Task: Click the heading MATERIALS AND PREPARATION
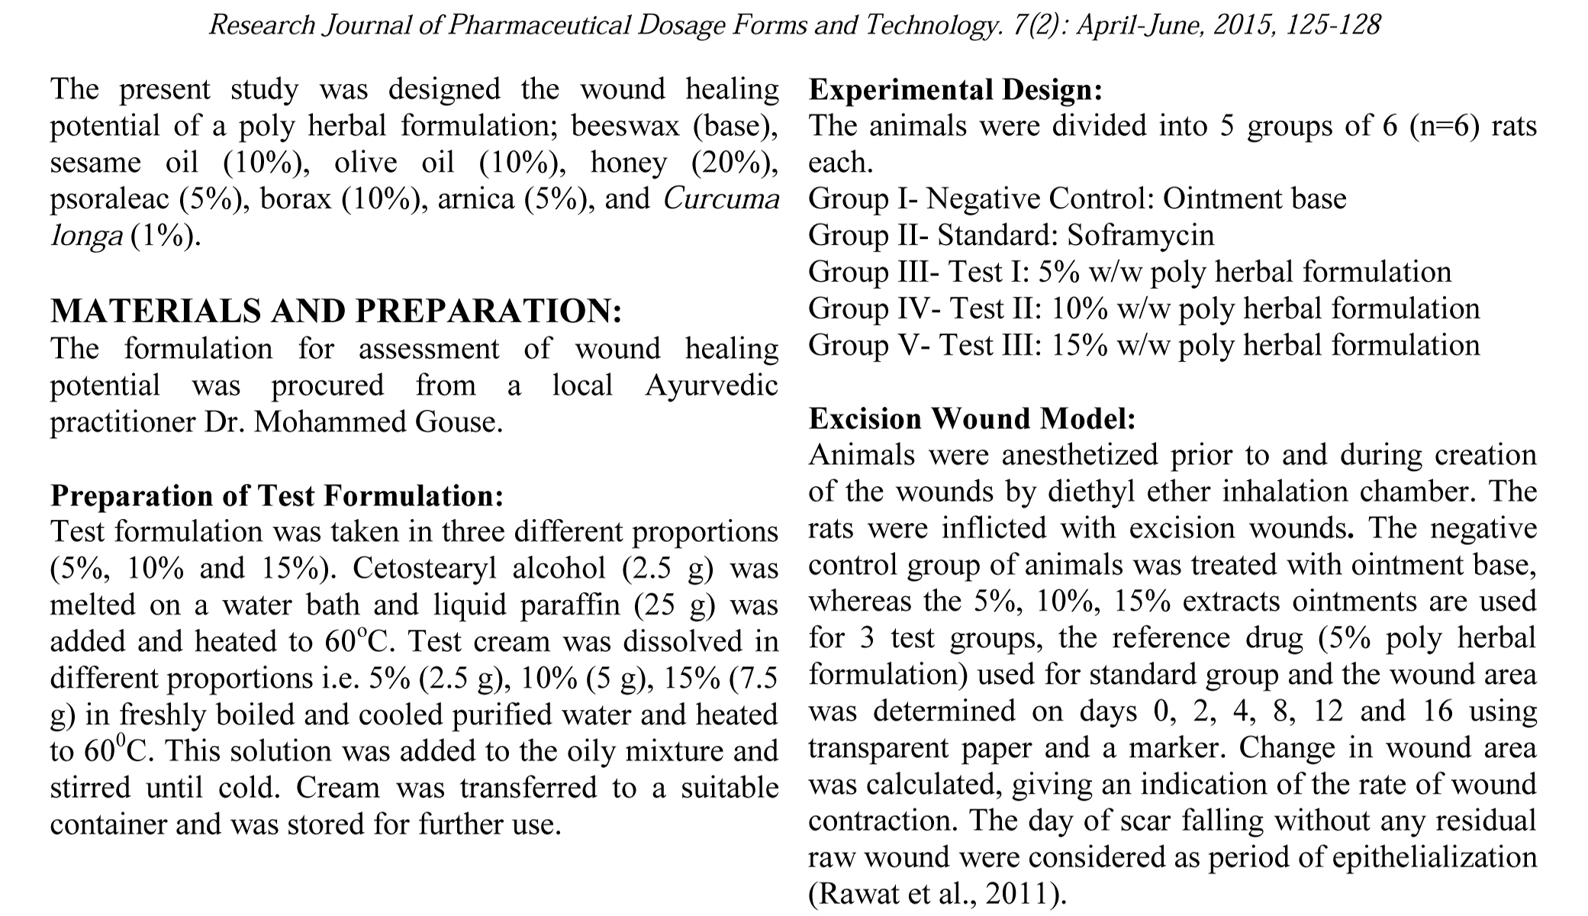[336, 311]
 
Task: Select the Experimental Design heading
[955, 90]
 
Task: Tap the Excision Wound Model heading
[972, 418]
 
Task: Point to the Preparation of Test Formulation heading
[277, 495]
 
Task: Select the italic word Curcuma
[721, 199]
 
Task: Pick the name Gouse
[458, 422]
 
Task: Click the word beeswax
[625, 126]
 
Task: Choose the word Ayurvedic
[711, 385]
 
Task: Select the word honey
[628, 163]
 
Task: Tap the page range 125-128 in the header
[1332, 25]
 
